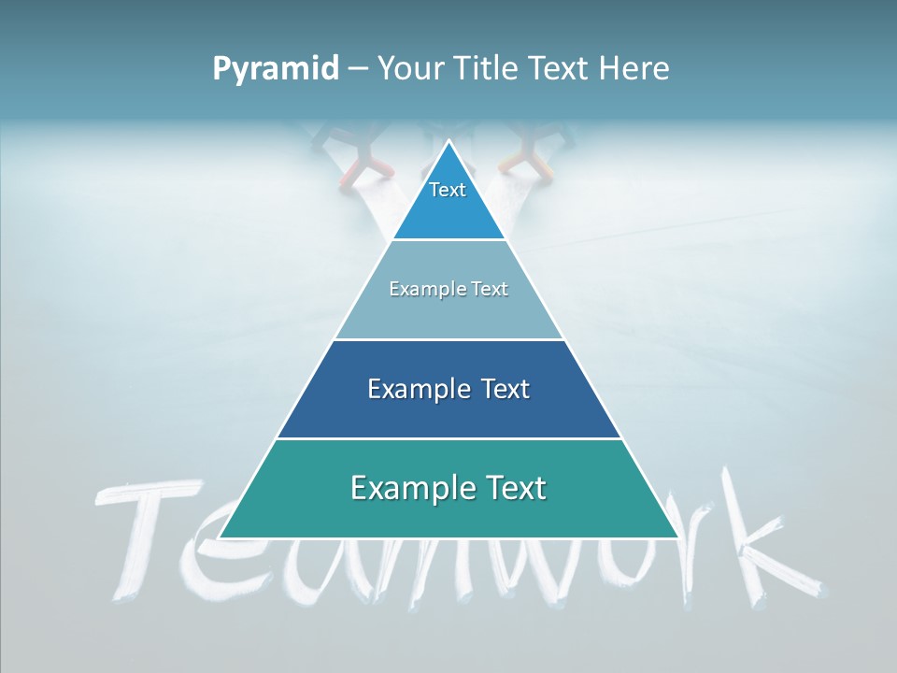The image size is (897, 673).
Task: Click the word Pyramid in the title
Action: coord(276,69)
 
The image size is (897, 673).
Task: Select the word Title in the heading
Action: coord(488,69)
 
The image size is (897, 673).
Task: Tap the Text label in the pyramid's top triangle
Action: coord(448,190)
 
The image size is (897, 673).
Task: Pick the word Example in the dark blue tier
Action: coord(408,389)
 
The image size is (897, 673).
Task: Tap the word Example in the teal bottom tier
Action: coord(399,488)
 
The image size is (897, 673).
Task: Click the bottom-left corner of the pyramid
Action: coord(221,537)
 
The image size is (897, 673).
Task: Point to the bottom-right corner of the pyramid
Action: coord(677,537)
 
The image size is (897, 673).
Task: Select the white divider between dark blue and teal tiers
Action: coord(448,438)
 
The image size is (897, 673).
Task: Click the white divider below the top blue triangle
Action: coord(448,240)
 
